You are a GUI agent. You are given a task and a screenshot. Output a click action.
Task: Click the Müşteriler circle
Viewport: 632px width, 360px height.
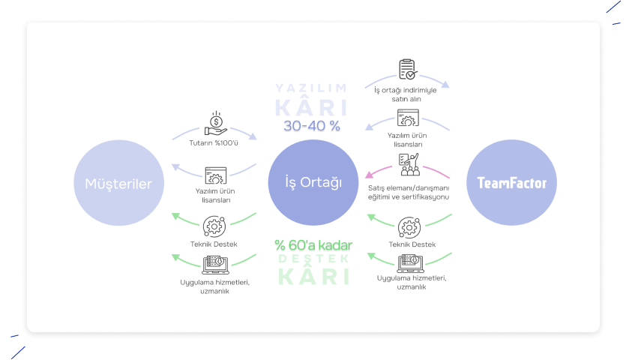point(119,182)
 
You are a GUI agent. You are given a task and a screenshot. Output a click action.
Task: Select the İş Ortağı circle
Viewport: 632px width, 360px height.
point(313,182)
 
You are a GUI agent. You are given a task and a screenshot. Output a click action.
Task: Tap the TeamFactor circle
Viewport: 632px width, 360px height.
point(511,182)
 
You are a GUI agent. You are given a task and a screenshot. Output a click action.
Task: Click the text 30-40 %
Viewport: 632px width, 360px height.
point(312,126)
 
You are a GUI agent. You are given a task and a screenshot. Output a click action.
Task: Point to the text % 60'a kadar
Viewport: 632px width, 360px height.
point(313,244)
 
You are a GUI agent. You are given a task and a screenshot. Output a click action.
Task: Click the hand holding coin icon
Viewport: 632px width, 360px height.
point(216,123)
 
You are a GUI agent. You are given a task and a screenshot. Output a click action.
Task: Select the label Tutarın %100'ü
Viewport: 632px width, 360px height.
point(214,143)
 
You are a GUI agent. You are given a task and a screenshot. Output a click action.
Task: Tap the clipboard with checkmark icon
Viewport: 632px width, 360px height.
point(408,69)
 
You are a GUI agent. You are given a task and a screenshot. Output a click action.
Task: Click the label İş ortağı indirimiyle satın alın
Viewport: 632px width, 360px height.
point(406,94)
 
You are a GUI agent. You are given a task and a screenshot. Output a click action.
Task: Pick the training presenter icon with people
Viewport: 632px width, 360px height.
point(409,164)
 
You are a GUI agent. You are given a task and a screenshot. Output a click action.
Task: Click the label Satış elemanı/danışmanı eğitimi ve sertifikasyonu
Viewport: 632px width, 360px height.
point(409,192)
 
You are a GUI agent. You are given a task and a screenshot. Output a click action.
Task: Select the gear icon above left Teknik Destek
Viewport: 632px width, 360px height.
point(214,226)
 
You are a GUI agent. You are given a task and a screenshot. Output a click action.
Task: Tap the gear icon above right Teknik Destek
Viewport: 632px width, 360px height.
point(409,227)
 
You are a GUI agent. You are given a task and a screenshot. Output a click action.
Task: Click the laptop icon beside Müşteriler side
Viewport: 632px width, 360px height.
point(216,265)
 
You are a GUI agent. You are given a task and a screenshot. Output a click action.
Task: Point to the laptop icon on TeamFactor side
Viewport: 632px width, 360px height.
point(411,262)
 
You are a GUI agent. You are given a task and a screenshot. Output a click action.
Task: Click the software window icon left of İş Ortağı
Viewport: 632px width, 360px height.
point(216,175)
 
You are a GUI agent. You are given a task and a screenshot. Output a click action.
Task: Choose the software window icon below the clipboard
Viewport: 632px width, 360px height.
point(408,118)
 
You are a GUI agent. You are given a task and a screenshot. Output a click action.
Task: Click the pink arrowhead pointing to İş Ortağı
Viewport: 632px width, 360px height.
point(369,175)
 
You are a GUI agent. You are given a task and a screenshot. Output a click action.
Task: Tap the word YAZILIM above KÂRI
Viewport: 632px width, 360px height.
point(311,88)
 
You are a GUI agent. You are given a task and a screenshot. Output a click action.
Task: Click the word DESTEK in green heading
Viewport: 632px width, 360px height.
point(313,259)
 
